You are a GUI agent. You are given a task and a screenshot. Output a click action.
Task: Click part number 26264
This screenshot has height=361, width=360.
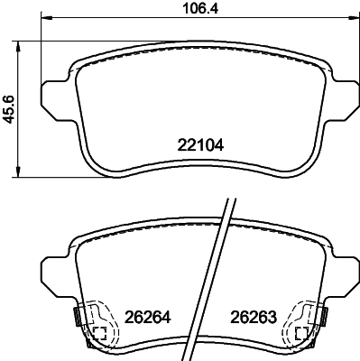(x=148, y=318)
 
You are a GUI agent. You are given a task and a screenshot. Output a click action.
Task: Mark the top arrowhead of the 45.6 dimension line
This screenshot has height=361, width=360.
(x=21, y=48)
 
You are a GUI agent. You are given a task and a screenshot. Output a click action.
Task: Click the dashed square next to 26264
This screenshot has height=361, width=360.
(x=99, y=335)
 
